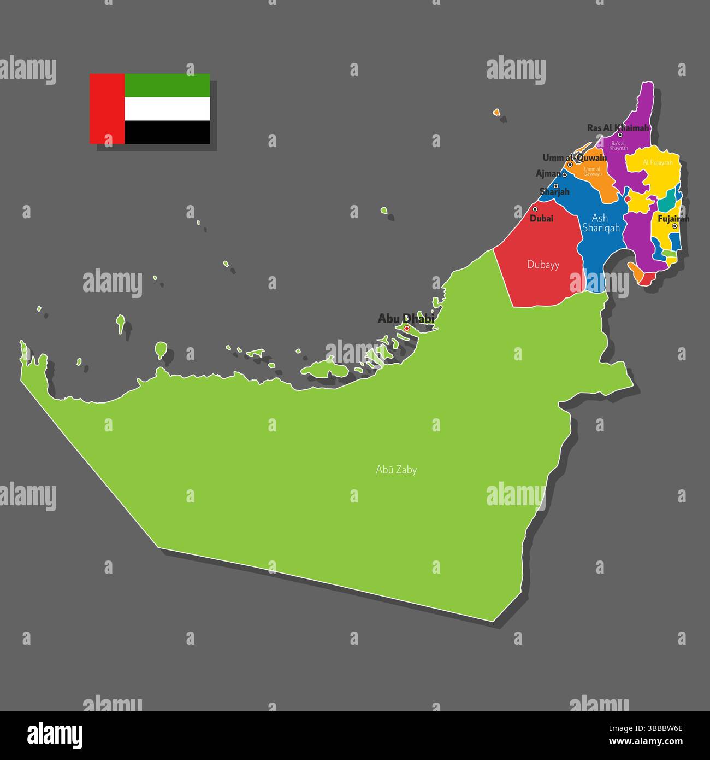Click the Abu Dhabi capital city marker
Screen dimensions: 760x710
[x=406, y=328]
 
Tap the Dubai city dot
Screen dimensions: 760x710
[x=535, y=209]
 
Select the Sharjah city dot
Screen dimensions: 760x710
[x=555, y=186]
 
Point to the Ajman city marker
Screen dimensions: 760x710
[x=564, y=175]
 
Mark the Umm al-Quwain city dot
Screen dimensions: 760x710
[x=570, y=164]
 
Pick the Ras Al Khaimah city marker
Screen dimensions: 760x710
[x=620, y=135]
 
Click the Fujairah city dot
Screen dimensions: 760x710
[x=674, y=226]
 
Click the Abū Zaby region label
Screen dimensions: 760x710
[x=396, y=470]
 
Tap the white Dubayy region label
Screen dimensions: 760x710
[x=543, y=265]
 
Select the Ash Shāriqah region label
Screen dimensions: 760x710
[x=600, y=223]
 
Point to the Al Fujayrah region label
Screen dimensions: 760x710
[x=658, y=162]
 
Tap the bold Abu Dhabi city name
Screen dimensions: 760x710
[x=405, y=318]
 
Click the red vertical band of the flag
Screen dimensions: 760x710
[x=107, y=109]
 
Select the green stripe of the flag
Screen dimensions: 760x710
[x=167, y=85]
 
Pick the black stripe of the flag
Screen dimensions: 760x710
[x=167, y=132]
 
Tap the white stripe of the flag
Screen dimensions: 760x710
[x=167, y=109]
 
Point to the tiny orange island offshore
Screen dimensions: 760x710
[x=496, y=112]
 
